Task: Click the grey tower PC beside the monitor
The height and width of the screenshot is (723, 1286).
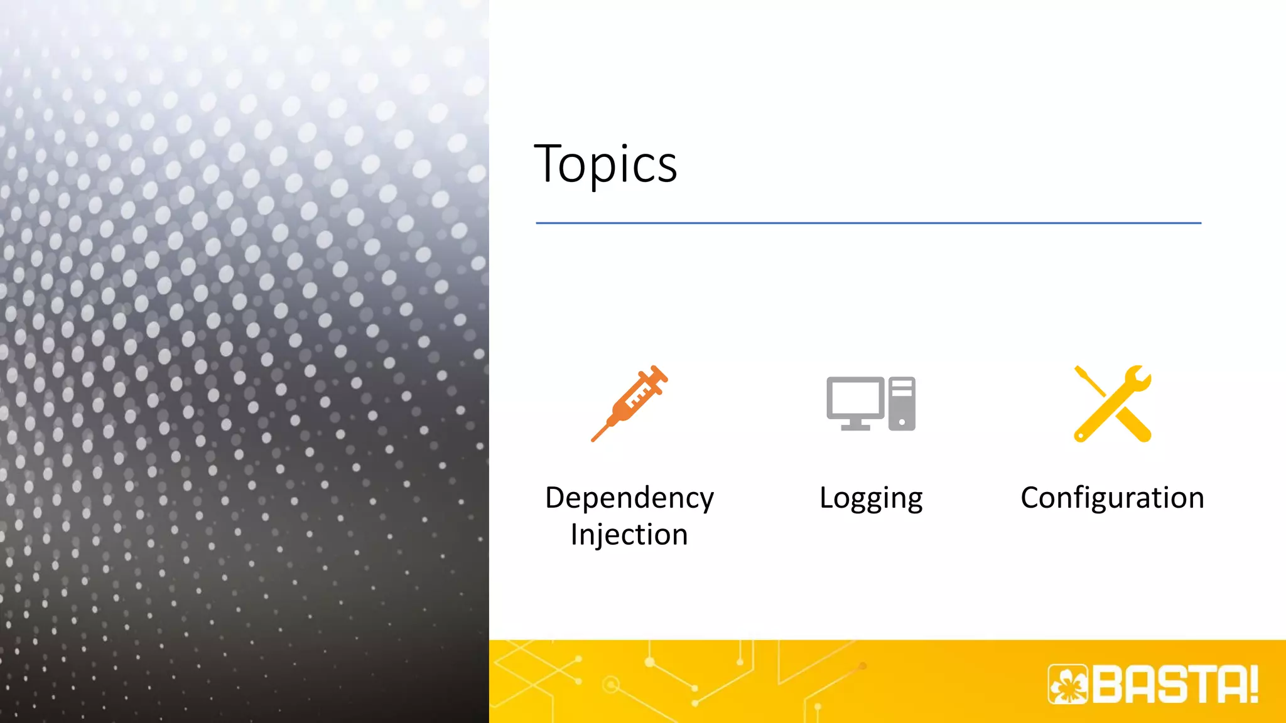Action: click(902, 404)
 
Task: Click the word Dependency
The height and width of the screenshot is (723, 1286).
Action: click(629, 498)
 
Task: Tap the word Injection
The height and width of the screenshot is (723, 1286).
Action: click(629, 535)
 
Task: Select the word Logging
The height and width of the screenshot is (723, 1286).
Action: click(871, 498)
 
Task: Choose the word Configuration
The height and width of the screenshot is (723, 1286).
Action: click(1112, 498)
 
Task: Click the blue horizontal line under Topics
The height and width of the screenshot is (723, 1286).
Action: click(868, 223)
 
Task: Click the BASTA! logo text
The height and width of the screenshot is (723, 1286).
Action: click(1174, 684)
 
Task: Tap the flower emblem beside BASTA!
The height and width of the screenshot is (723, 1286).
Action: click(1068, 684)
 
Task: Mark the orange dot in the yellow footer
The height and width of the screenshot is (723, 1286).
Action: click(863, 666)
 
